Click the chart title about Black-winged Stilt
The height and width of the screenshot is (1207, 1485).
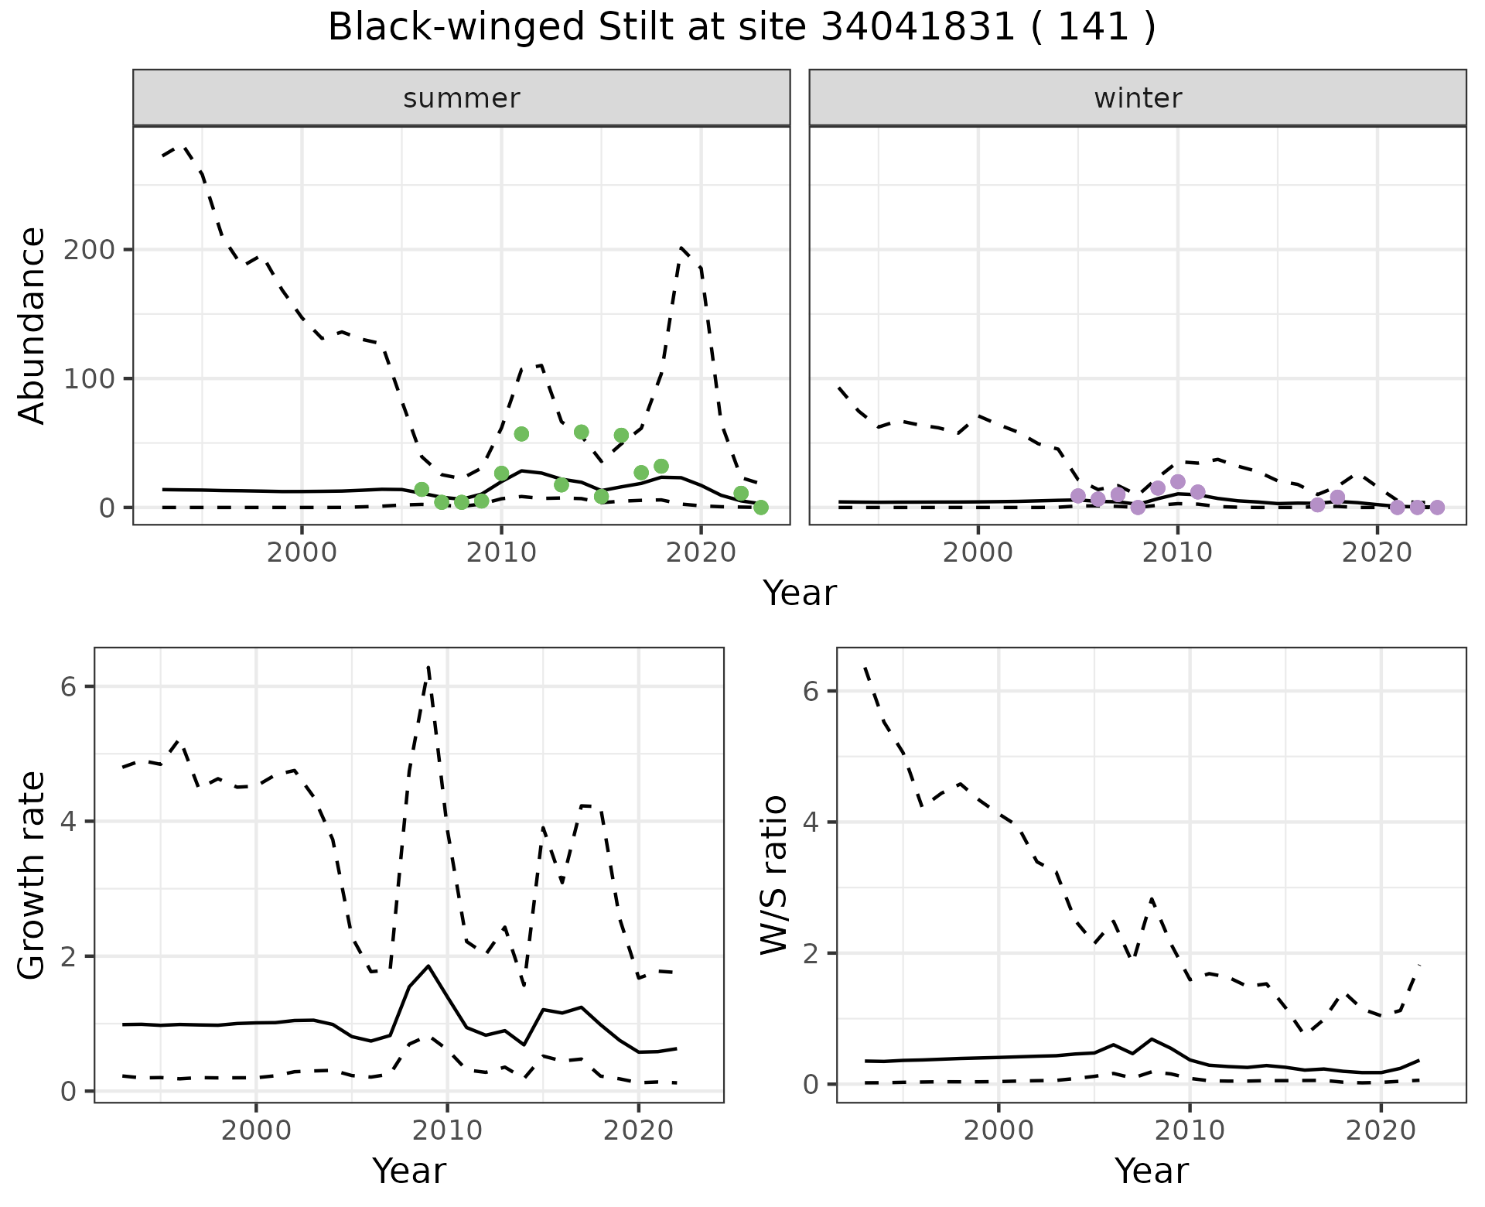pos(742,28)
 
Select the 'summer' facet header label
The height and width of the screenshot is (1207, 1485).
pos(461,98)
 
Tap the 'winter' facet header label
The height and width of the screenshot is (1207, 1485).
pos(1137,98)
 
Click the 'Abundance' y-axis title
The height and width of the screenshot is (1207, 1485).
pos(32,326)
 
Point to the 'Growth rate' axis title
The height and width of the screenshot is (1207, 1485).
pos(32,875)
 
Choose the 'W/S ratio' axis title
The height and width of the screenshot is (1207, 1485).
pos(774,875)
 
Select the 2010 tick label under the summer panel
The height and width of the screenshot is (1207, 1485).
pos(501,553)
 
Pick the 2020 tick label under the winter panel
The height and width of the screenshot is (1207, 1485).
pos(1377,553)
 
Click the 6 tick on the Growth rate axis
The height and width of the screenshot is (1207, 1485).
pos(67,687)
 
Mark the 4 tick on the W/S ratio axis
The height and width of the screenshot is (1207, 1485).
pos(810,822)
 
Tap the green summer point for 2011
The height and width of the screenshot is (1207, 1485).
pos(521,434)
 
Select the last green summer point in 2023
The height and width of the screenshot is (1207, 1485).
pos(760,508)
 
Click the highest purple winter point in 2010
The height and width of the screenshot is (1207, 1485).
pos(1178,482)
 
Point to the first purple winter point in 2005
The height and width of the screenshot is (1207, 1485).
pos(1078,496)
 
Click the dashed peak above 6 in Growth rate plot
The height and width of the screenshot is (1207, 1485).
pos(428,666)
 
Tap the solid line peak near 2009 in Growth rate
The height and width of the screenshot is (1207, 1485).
pos(428,966)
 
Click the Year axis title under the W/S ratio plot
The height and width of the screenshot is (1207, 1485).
pos(1151,1171)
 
